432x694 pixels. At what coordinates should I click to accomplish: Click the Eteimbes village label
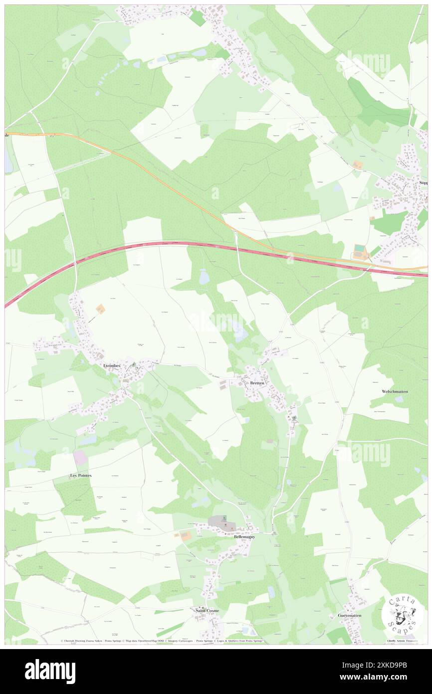(x=112, y=365)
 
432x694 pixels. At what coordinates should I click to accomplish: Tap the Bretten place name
(x=257, y=383)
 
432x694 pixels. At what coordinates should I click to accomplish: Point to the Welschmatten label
(x=394, y=391)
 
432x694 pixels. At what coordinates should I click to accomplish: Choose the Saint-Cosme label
(x=205, y=610)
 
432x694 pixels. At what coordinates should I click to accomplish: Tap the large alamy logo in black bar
(x=50, y=672)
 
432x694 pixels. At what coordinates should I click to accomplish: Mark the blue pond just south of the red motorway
(x=204, y=277)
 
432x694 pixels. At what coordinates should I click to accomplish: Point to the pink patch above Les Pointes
(x=80, y=457)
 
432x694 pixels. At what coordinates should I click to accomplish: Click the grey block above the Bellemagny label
(x=217, y=521)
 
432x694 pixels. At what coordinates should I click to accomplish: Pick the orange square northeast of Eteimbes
(x=101, y=310)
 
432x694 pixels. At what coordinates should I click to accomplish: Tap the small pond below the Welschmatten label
(x=398, y=399)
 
